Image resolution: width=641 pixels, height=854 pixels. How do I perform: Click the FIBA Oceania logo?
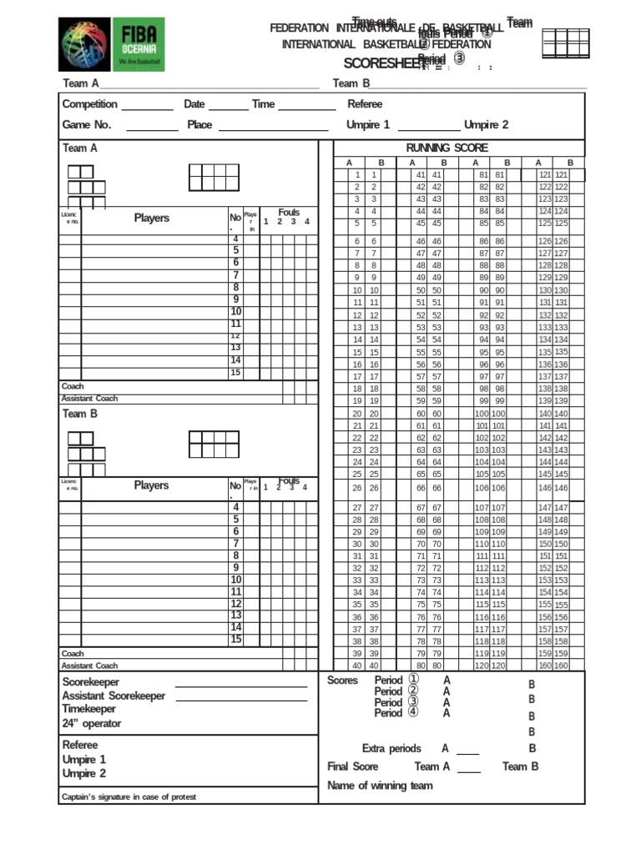click(x=111, y=44)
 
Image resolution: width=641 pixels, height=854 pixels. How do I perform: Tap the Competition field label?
click(x=90, y=104)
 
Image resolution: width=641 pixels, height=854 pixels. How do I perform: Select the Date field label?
click(x=194, y=104)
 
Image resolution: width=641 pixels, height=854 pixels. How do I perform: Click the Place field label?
click(x=199, y=125)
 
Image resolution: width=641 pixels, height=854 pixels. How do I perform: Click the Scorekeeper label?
click(x=91, y=682)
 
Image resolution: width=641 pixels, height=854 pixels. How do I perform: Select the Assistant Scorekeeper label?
click(x=114, y=696)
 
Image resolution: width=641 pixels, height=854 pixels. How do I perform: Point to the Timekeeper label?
click(x=89, y=709)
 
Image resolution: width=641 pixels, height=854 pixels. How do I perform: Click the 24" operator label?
click(x=92, y=723)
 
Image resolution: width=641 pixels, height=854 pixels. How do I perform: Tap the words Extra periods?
click(x=391, y=749)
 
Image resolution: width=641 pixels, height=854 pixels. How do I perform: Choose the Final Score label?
click(x=353, y=766)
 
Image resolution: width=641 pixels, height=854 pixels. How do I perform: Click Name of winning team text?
click(x=380, y=786)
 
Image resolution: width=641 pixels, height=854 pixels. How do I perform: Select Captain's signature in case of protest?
click(x=129, y=797)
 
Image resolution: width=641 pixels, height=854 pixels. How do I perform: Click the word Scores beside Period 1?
click(x=342, y=681)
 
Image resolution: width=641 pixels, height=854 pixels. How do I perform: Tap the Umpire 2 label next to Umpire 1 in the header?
click(x=487, y=125)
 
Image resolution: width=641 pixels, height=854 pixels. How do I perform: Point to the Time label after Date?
click(x=263, y=104)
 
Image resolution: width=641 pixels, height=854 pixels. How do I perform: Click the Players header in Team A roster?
click(x=151, y=219)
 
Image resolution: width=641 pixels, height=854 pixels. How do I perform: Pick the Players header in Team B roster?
click(x=151, y=485)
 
